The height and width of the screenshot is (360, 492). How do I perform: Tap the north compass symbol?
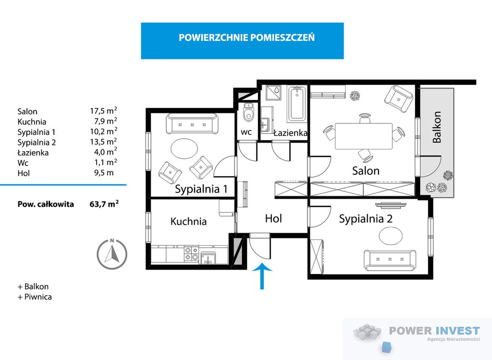point(112,254)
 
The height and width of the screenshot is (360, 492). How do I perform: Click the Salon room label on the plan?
point(366,170)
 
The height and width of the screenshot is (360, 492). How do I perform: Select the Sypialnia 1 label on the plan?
point(201,189)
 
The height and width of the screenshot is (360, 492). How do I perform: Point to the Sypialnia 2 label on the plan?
point(366,219)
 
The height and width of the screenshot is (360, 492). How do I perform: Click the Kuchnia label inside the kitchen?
point(188,221)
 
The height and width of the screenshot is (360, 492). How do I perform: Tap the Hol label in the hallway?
point(273,218)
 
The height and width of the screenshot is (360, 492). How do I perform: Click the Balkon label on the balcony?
point(437,127)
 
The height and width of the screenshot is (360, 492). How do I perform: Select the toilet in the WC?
point(248,113)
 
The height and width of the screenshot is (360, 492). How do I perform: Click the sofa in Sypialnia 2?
point(389,260)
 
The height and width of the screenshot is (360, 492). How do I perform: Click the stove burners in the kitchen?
point(191,253)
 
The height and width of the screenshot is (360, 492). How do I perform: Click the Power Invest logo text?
point(434,330)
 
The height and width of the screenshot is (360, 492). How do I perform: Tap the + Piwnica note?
point(35,297)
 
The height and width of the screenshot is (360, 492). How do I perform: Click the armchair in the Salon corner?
point(399,97)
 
